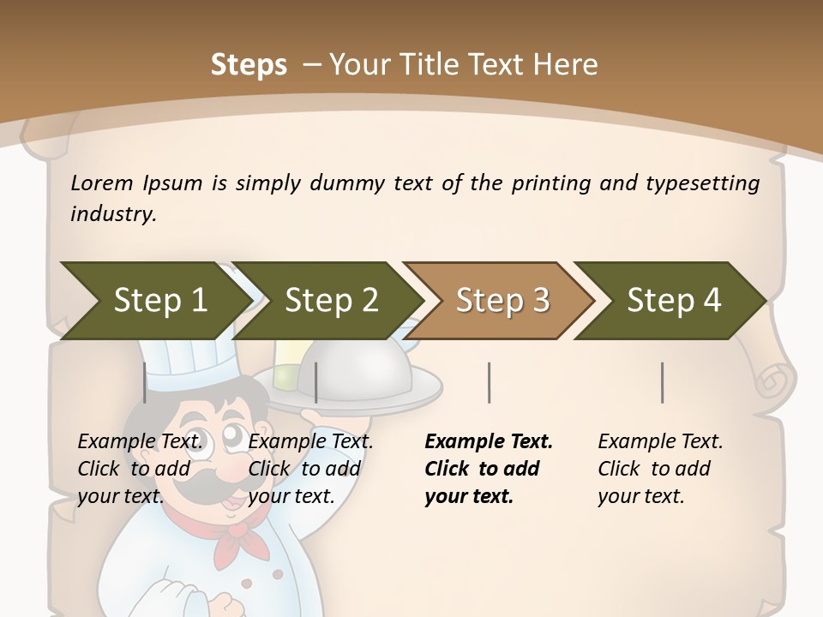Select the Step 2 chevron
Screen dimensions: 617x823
[330, 301]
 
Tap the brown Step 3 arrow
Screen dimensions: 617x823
[502, 301]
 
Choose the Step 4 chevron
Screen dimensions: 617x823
[673, 301]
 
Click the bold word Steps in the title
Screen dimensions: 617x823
[249, 64]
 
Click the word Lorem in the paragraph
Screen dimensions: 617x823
[102, 183]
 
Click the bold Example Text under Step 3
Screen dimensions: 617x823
[489, 441]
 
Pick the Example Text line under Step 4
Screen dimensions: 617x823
[660, 441]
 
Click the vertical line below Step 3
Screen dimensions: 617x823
[490, 382]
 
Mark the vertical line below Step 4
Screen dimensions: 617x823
[663, 382]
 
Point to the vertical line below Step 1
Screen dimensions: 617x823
[145, 382]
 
